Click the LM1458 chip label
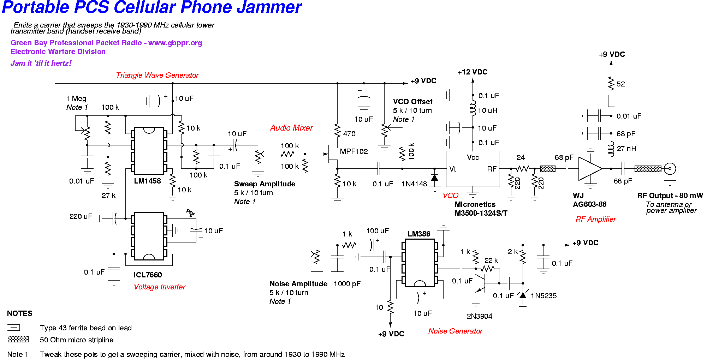147,181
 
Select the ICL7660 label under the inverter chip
148,275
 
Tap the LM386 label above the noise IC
419,234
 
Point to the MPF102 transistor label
354,151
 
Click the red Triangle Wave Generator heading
157,75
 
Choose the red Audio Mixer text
291,128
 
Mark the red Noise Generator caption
455,331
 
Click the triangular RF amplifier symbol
589,169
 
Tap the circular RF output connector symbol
670,169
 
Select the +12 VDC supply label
473,72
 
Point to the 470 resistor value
349,134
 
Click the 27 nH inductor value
626,149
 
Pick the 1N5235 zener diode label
543,296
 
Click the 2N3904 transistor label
479,316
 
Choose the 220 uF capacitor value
81,216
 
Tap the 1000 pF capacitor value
347,284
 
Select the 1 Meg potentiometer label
76,98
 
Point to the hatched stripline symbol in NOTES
18,339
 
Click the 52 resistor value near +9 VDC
620,84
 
